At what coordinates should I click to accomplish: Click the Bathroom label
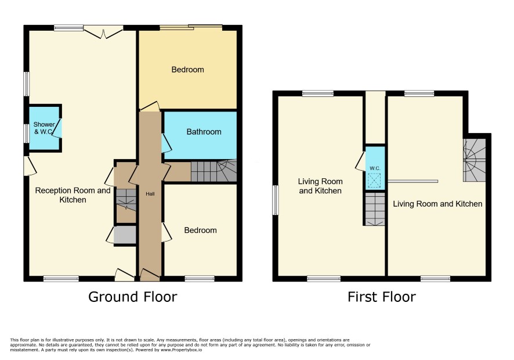coord(204,132)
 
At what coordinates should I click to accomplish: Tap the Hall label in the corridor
coord(150,194)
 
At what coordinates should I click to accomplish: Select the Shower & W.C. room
coord(44,128)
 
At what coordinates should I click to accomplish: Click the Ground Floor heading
coord(133,297)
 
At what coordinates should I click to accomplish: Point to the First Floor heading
coord(382,297)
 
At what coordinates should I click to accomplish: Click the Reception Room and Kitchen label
coord(73,195)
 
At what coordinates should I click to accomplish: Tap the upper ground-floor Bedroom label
coord(187,70)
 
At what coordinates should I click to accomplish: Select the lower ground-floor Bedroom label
coord(200,231)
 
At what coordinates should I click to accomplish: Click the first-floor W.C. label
coord(375,168)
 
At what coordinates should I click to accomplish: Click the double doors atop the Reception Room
coord(104,32)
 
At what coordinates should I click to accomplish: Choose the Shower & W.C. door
coord(57,128)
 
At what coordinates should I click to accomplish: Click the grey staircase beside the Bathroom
coord(213,171)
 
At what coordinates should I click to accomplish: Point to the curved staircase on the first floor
coord(474,160)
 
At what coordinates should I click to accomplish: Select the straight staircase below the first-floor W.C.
coord(375,208)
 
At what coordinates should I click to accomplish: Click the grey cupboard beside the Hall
coord(125,235)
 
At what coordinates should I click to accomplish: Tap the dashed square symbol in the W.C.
coord(375,181)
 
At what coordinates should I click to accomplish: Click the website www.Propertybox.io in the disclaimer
coord(180,350)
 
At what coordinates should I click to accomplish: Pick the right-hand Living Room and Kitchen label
coord(437,204)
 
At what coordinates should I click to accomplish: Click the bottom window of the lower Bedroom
coord(200,279)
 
